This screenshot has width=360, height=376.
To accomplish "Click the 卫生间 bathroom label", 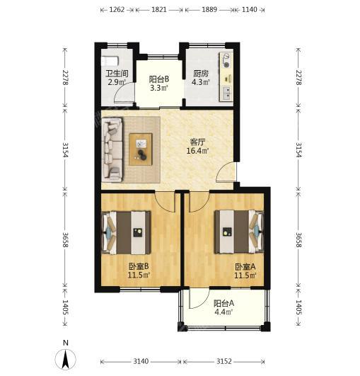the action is (x=117, y=74).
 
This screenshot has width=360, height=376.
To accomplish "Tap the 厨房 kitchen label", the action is (x=201, y=74).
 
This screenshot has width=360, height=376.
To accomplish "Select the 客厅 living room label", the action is (x=197, y=142).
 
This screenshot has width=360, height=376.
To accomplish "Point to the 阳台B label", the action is (x=159, y=79).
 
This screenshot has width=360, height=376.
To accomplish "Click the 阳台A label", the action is (x=223, y=304).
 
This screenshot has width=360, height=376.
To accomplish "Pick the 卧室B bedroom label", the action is (x=139, y=266).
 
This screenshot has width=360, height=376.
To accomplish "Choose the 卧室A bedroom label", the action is (x=245, y=266).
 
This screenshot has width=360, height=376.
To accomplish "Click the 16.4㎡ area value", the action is (x=197, y=151).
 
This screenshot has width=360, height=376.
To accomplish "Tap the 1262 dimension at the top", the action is (x=117, y=10).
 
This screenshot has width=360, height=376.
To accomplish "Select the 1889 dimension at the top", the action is (x=209, y=10).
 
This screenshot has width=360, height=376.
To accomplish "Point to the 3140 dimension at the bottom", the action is (x=141, y=361).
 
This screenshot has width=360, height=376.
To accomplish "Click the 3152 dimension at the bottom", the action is (x=224, y=361).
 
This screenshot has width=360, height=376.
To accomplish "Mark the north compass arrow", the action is (x=65, y=359).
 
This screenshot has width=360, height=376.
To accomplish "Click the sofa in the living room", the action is (x=112, y=149).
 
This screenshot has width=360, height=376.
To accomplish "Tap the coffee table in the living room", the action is (x=141, y=149).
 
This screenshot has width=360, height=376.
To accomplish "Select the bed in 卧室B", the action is (x=126, y=232).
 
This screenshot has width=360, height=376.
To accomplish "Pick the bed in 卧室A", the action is (x=239, y=232).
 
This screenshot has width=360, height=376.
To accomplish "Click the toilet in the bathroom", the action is (x=110, y=61).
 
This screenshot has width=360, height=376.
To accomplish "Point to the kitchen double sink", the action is (x=226, y=93).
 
